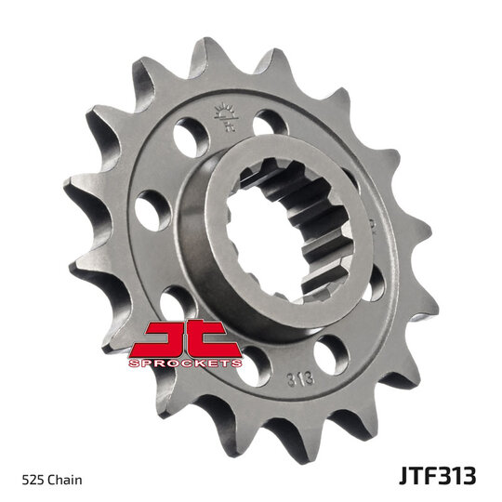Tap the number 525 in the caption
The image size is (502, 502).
[33, 481]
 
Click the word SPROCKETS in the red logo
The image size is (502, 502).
[185, 363]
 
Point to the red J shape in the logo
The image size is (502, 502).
[160, 338]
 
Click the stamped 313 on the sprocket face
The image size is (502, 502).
[301, 378]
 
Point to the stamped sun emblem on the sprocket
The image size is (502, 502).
[227, 116]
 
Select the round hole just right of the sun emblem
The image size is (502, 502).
[270, 124]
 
